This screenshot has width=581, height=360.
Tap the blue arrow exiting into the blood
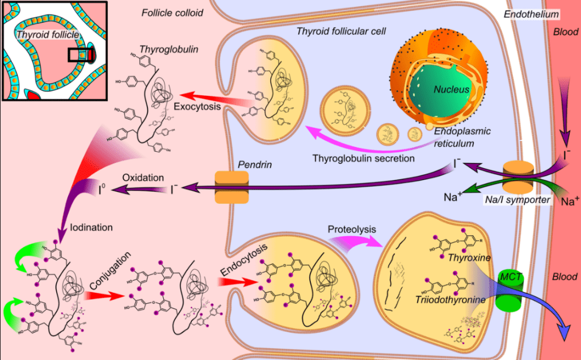545,309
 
